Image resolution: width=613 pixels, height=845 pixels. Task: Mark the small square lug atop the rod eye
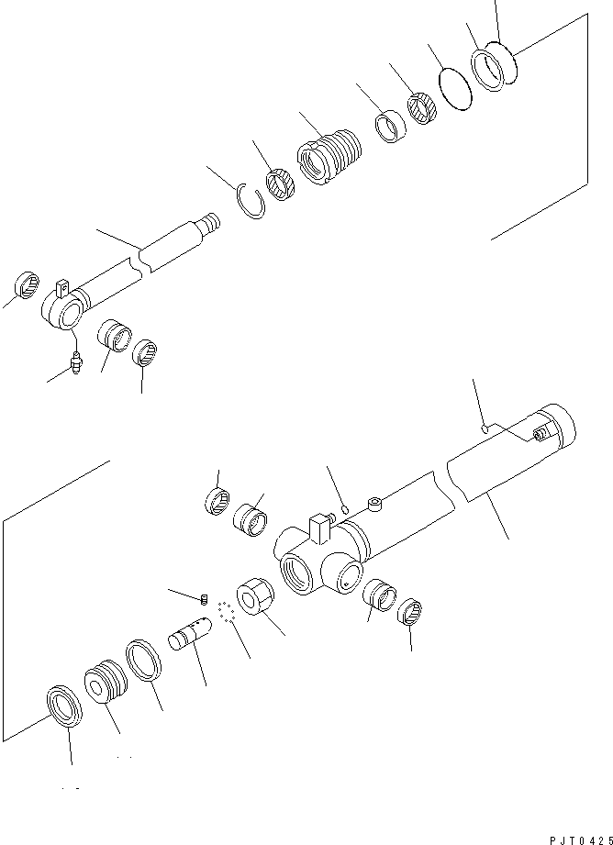63,288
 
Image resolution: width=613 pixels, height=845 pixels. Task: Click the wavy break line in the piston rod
139,265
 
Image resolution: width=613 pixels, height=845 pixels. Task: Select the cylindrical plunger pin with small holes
191,634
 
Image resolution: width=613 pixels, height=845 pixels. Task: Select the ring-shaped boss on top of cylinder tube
374,502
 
